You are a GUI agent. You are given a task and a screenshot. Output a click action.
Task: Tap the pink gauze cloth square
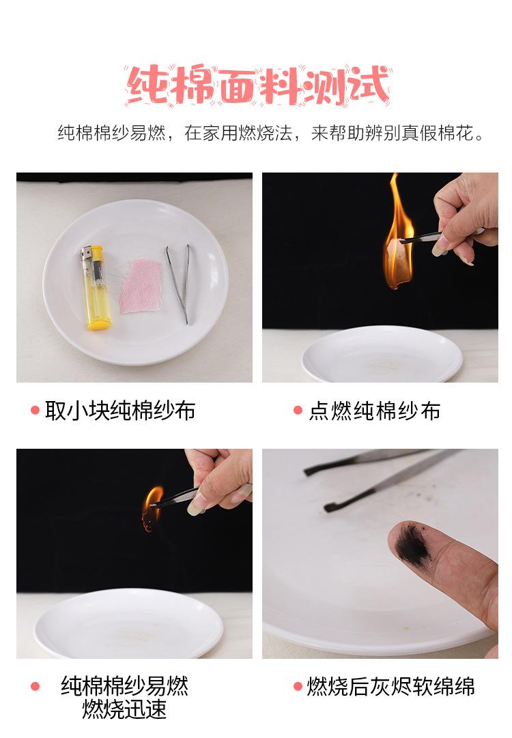point(141,286)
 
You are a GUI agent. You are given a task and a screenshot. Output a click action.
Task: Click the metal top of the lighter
point(86,254)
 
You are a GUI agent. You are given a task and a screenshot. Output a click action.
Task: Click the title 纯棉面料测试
point(257,85)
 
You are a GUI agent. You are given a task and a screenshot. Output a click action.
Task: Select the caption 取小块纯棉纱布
point(120,411)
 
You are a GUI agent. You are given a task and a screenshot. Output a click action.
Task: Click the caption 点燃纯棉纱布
point(375,411)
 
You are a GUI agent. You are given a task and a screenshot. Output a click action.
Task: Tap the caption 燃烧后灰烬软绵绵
point(390,686)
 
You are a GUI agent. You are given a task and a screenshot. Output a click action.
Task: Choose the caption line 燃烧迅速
point(124,709)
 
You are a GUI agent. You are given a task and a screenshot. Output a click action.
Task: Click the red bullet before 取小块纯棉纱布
point(35,411)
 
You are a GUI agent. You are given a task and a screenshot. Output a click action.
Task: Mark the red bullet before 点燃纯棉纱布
point(298,411)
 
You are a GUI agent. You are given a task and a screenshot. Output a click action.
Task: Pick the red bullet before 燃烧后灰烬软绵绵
point(298,686)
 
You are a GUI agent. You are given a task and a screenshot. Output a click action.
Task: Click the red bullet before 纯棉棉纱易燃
point(35,686)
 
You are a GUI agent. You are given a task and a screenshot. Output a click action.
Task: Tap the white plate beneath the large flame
point(382,354)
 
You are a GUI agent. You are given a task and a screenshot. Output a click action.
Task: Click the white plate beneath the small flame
point(128,624)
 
